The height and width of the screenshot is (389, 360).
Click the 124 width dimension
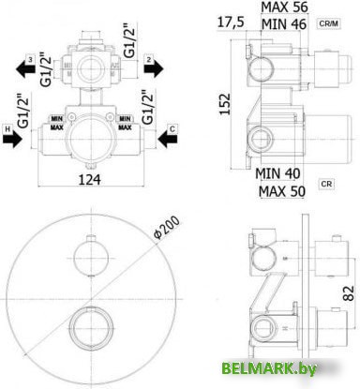point(89,179)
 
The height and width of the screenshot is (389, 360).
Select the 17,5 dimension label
point(230,22)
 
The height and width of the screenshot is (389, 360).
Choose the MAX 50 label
point(282,191)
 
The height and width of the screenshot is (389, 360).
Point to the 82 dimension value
point(347,292)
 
